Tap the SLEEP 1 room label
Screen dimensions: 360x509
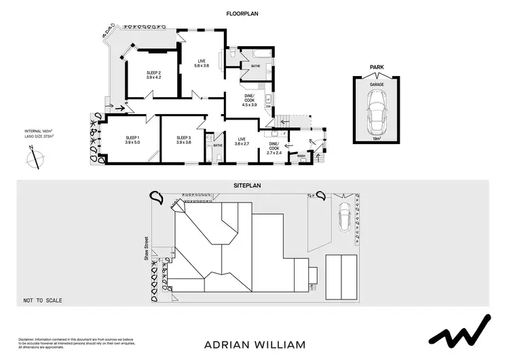coord(132,140)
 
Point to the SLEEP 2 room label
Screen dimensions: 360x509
coord(153,75)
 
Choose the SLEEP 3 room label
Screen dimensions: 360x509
coord(183,140)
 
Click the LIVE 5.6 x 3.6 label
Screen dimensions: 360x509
coord(202,63)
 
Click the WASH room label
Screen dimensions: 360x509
coord(301,156)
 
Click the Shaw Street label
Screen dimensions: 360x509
coord(145,251)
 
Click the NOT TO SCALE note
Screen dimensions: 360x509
coord(39,299)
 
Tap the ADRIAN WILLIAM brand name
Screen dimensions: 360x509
coord(254,344)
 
